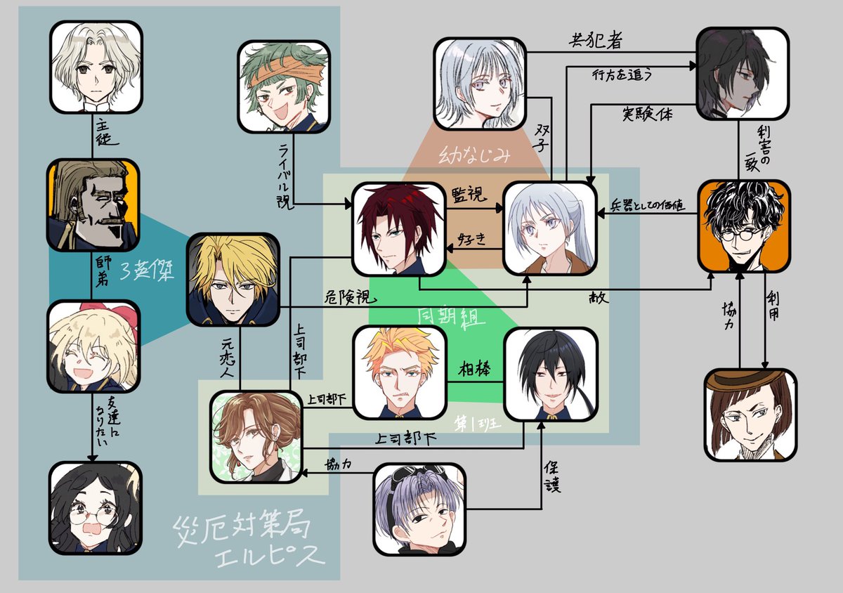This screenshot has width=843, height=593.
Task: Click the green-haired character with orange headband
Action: (x=283, y=86)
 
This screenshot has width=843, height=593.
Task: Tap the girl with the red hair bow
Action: (x=93, y=346)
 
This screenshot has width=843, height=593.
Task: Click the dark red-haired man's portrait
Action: (x=399, y=228)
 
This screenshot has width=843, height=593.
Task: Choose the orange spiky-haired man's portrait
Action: (x=400, y=372)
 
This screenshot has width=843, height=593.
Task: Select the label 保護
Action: (x=551, y=476)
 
